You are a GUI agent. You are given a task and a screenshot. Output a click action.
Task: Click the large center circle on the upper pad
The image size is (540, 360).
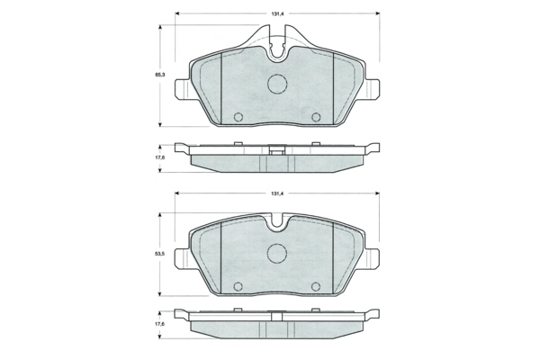(x=277, y=84)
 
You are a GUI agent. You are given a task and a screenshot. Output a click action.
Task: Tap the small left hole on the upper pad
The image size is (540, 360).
(x=238, y=118)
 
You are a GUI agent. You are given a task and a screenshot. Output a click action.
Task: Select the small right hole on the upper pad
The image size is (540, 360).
(x=316, y=118)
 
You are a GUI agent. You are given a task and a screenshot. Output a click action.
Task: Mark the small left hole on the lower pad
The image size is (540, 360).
(x=238, y=287)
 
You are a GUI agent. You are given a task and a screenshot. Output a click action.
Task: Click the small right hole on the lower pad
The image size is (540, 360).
(x=316, y=287)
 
